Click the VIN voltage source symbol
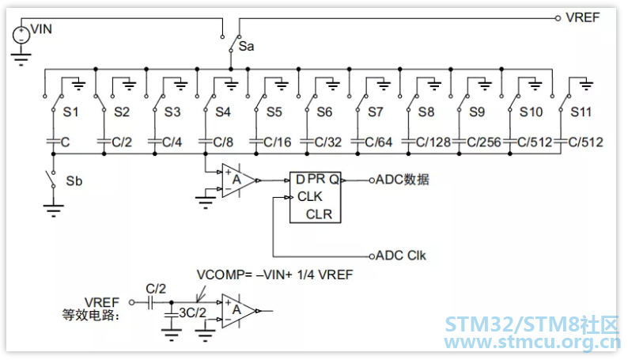pos(21,35)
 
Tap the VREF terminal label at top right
pos(583,17)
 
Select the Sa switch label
pos(246,47)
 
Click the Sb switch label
pos(74,181)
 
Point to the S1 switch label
pos(70,112)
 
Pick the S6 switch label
pos(324,112)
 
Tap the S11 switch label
pos(581,112)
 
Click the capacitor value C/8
pos(223,142)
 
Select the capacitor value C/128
pos(433,142)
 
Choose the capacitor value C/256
pos(484,142)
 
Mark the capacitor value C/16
pos(278,142)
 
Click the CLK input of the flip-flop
pos(309,197)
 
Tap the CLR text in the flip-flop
pos(320,214)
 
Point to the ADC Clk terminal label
pos(400,256)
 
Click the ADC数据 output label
pos(402,180)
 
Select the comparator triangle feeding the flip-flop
pos(239,180)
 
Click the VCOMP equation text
pos(274,275)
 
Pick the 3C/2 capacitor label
pos(192,313)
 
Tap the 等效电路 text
pos(91,316)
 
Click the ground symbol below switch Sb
pos(53,210)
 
